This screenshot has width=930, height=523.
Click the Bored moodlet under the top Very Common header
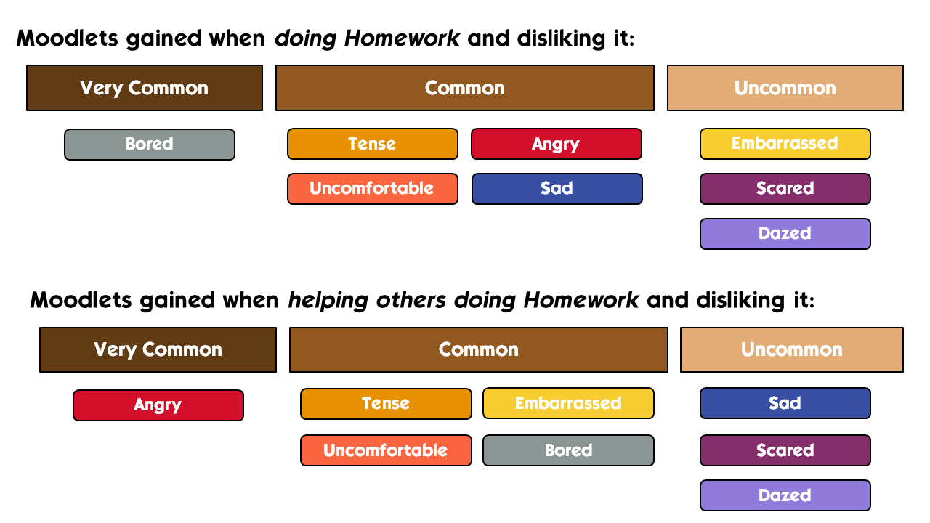coord(150,145)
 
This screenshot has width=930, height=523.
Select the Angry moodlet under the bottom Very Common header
coord(158,405)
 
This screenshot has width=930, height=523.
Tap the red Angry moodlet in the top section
coord(557,144)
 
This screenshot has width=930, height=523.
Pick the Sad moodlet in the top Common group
coord(557,189)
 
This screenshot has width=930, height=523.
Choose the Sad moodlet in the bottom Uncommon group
coord(785,403)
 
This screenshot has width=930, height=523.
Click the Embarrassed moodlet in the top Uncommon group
coord(785,144)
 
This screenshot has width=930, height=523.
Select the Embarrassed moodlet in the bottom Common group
coord(568,403)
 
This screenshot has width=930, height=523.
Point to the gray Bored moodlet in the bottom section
coord(568,450)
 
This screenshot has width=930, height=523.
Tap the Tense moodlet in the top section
coord(373,144)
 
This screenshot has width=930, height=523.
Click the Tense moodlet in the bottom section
coord(386,404)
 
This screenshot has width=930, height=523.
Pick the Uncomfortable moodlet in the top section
coord(373,189)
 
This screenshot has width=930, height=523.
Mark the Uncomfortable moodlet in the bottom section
coord(386,450)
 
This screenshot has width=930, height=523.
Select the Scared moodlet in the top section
coord(785,189)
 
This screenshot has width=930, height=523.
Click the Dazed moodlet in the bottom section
coord(785,495)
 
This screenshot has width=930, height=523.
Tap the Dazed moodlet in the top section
coord(785,234)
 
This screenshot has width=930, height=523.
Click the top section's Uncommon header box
coord(785,88)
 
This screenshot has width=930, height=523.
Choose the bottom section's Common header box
coord(479,349)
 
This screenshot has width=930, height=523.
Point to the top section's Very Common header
coord(145,88)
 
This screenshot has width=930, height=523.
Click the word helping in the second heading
coord(328,301)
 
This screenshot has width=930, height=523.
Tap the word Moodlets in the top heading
coord(68,38)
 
